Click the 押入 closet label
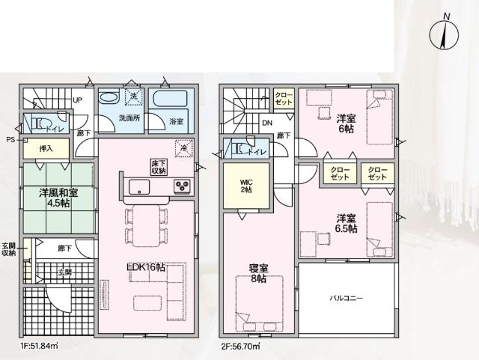point(46,150)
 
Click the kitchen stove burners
point(183,186)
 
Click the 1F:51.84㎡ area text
point(40,347)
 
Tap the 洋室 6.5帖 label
point(346,222)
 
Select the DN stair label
point(266,124)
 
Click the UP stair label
point(77,101)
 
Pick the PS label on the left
point(10,140)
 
